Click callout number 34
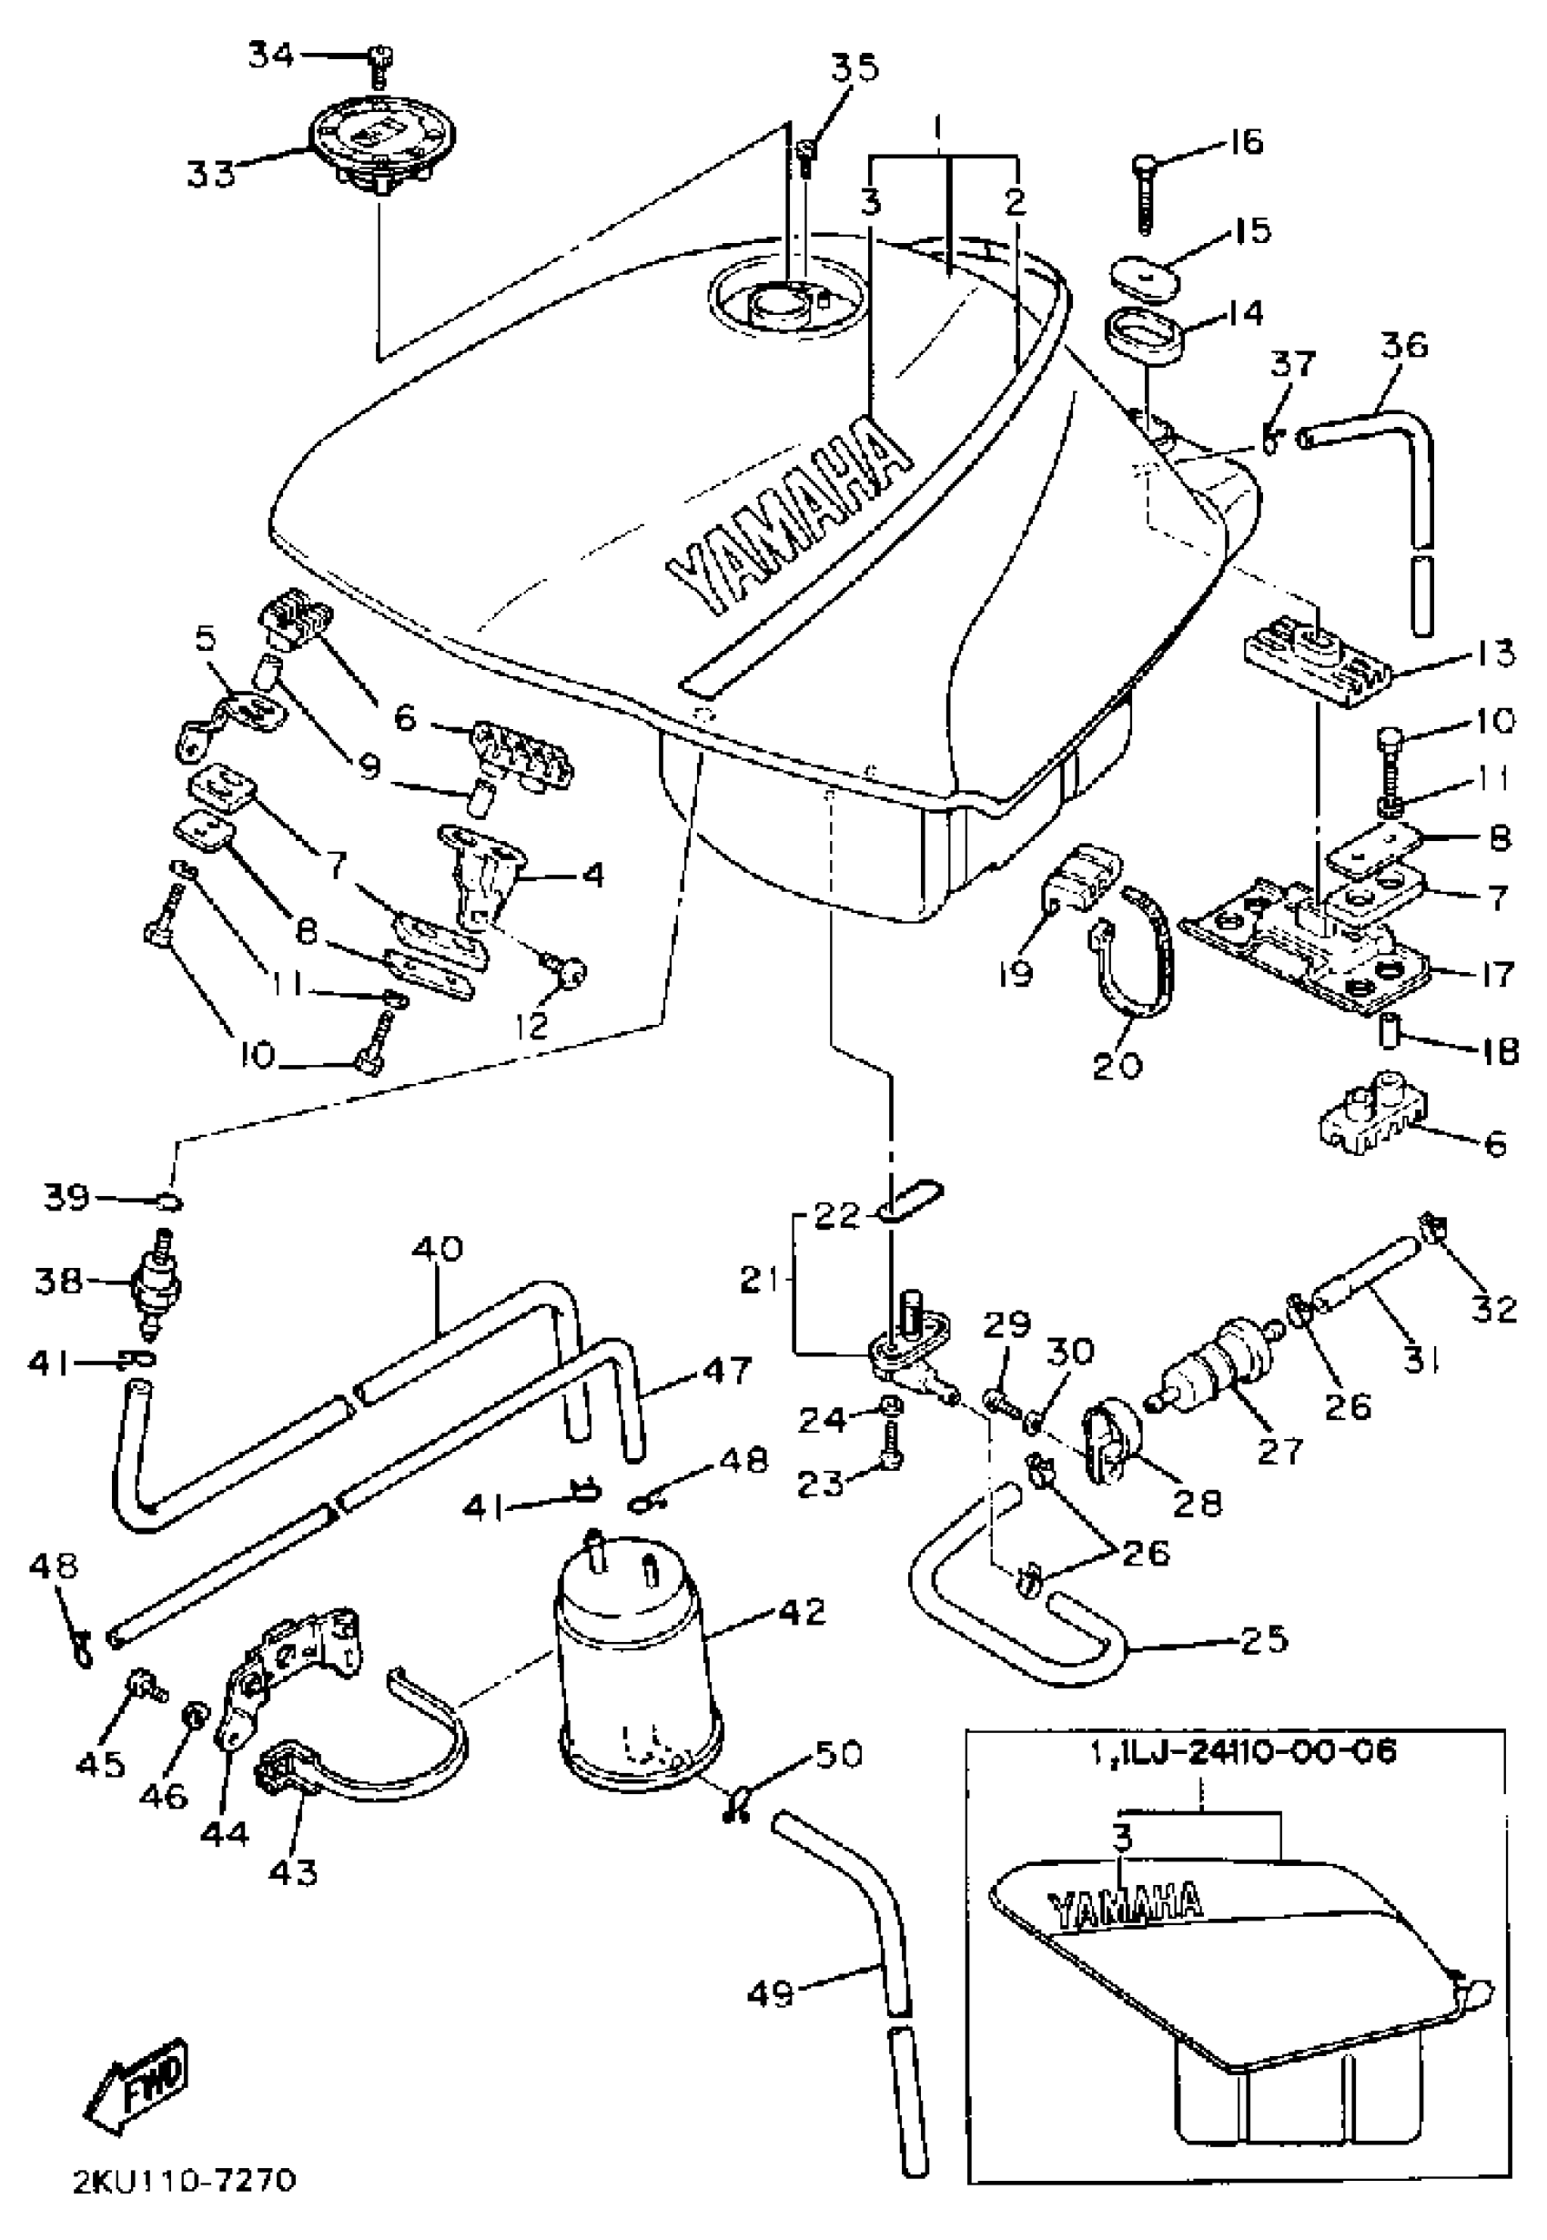[x=271, y=56]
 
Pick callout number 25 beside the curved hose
[x=1263, y=1638]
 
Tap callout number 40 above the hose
[x=438, y=1249]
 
